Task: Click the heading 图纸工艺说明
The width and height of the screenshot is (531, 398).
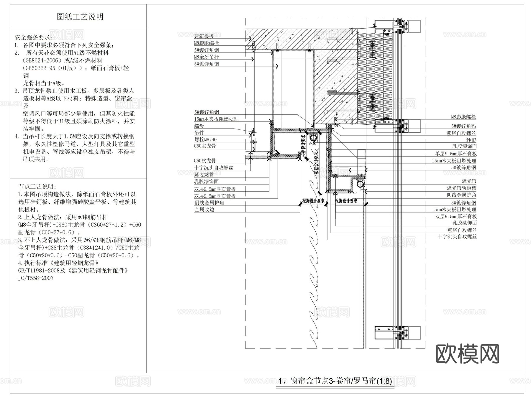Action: [x=80, y=17]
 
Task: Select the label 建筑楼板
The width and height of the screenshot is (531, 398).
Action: [x=204, y=36]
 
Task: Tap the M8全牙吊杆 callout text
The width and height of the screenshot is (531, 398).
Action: [x=206, y=57]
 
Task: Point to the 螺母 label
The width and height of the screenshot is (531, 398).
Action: [x=199, y=126]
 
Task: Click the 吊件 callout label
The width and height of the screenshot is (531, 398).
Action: [x=199, y=133]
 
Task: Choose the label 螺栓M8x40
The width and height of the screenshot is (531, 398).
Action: [x=205, y=139]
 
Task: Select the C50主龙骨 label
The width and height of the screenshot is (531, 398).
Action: [x=205, y=146]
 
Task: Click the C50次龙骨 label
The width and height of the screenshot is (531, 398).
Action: [x=205, y=161]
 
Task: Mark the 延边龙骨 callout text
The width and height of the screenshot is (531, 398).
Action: [x=204, y=175]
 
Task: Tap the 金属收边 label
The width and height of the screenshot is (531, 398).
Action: [x=204, y=210]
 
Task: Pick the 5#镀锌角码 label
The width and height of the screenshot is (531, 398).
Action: [x=463, y=126]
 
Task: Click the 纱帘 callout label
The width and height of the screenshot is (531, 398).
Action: [x=471, y=140]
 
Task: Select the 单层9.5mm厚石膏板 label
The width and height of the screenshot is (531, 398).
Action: [x=456, y=154]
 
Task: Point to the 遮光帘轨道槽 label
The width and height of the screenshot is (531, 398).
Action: [x=461, y=188]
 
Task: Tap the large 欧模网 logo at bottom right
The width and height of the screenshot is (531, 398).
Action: [x=467, y=353]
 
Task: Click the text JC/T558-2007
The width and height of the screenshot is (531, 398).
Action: [x=36, y=278]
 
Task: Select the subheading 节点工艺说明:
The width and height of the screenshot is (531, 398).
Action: [x=37, y=187]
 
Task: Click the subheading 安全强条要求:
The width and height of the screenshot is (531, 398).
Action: [x=34, y=38]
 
